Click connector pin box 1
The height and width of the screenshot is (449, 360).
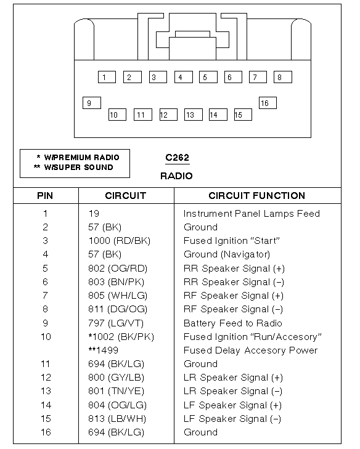coord(106,77)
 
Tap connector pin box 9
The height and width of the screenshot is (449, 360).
coord(91,103)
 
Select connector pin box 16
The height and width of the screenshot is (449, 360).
coord(267,103)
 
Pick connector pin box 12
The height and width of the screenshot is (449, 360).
coord(167,115)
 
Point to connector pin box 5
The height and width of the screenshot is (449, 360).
coord(208,77)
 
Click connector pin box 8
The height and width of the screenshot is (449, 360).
coord(282,77)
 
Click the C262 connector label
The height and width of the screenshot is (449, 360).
coord(177,158)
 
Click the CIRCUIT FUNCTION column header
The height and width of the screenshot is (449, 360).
coord(256,196)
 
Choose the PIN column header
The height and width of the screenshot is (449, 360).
coord(45,196)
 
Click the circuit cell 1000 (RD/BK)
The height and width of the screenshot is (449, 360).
coord(119,241)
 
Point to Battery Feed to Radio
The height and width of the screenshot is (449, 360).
coord(232,323)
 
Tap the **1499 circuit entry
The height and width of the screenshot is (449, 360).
coord(104,350)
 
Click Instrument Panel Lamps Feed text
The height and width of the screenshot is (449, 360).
coord(252,214)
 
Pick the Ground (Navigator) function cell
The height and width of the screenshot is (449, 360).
coord(227,254)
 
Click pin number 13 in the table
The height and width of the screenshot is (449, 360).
coord(46,391)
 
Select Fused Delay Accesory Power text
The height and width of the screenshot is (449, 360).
coord(250,350)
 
